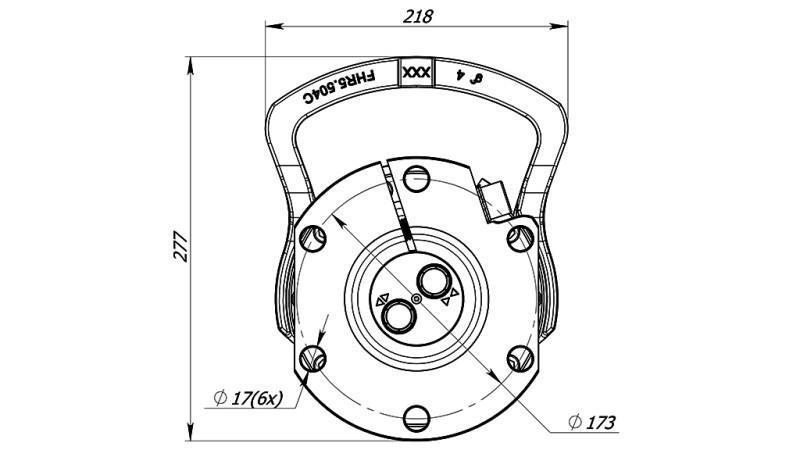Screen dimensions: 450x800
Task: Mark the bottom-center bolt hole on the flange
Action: click(416, 414)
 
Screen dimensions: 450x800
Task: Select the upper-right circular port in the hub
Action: click(435, 282)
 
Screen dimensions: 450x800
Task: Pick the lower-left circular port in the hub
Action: click(397, 315)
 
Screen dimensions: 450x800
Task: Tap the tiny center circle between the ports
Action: click(416, 299)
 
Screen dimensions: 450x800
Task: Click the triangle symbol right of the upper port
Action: click(455, 293)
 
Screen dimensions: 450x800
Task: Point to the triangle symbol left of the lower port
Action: click(380, 302)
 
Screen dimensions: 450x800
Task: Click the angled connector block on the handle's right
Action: click(496, 198)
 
